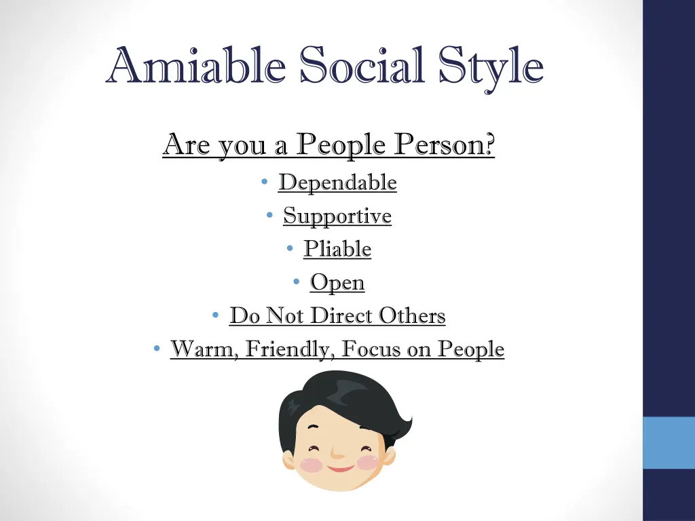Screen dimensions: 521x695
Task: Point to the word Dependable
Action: pos(337,182)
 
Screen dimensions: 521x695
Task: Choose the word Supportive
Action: pos(337,216)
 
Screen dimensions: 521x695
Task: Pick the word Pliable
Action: pos(337,249)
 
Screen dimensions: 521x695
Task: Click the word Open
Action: pos(337,283)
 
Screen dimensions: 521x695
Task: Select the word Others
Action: pos(412,315)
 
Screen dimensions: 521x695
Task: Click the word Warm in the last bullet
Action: pos(202,349)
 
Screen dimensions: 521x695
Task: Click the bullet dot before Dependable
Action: pos(265,182)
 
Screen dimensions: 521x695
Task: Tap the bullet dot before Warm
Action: pos(157,349)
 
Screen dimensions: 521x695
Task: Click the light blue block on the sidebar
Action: pos(669,442)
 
